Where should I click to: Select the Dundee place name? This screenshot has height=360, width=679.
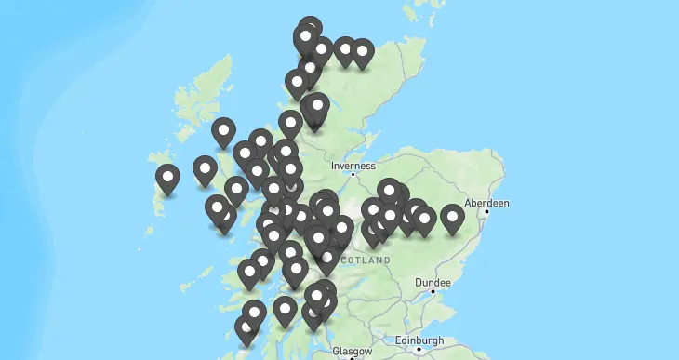[x=433, y=282]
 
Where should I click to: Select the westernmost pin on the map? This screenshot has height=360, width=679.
[x=167, y=177]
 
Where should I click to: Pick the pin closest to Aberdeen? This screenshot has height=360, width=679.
[x=452, y=218]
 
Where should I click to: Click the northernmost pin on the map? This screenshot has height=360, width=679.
[x=310, y=28]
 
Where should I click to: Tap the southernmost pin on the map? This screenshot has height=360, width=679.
[x=246, y=328]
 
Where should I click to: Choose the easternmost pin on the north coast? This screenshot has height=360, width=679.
[x=362, y=51]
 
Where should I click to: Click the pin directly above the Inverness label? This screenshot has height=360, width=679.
[x=317, y=107]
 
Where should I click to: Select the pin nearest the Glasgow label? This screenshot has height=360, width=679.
[x=313, y=315]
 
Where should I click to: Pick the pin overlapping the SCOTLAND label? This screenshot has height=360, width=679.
[x=326, y=260]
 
